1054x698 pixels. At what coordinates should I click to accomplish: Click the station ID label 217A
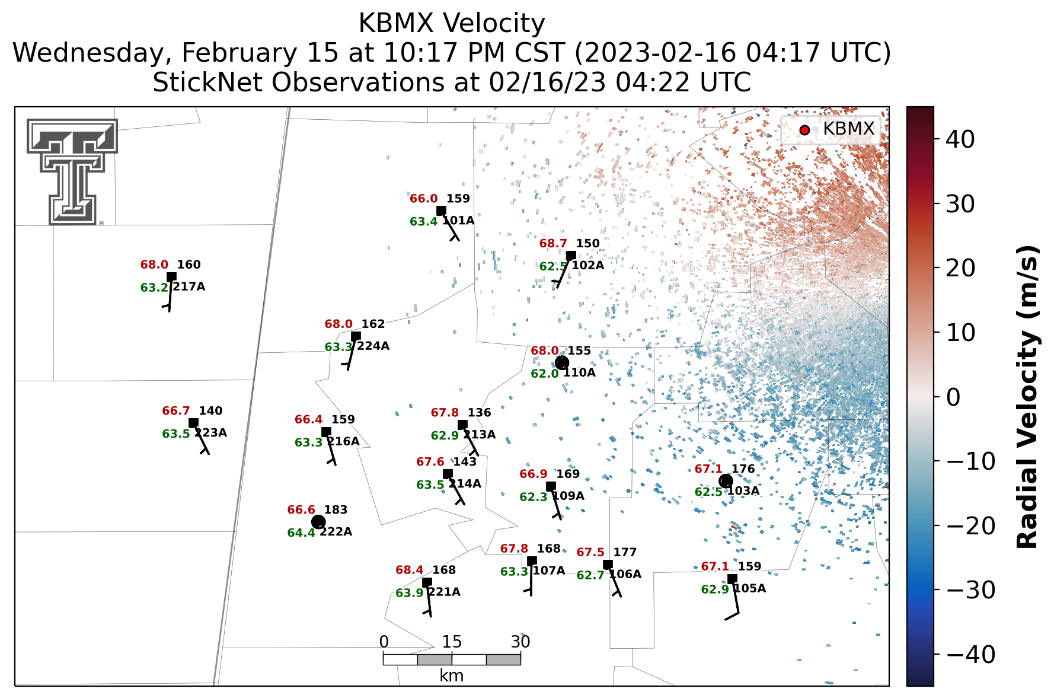[x=189, y=287]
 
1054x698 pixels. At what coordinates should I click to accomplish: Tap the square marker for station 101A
[x=441, y=211]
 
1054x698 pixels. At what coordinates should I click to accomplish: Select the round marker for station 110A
[x=562, y=363]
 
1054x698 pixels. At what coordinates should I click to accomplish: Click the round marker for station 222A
[x=318, y=522]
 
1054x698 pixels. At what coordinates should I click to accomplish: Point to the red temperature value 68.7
[x=553, y=244]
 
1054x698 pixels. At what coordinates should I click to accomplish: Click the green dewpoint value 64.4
[x=301, y=533]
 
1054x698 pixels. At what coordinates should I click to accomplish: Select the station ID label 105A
[x=750, y=589]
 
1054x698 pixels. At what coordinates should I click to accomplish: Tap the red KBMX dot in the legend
[x=804, y=130]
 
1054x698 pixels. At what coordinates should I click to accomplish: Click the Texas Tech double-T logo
[x=72, y=171]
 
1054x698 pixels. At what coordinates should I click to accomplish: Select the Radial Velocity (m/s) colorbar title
[x=1028, y=397]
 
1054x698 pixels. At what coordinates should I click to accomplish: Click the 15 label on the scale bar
[x=452, y=642]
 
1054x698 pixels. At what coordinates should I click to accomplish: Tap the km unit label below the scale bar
[x=452, y=676]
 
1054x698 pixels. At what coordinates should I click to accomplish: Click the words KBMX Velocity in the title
[x=452, y=24]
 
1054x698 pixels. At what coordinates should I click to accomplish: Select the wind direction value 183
[x=336, y=510]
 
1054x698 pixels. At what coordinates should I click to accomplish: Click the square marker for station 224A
[x=356, y=336]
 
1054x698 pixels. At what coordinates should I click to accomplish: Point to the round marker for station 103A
[x=726, y=481]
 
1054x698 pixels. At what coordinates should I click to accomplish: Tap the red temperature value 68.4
[x=410, y=570]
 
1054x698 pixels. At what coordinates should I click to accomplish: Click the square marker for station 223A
[x=193, y=423]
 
